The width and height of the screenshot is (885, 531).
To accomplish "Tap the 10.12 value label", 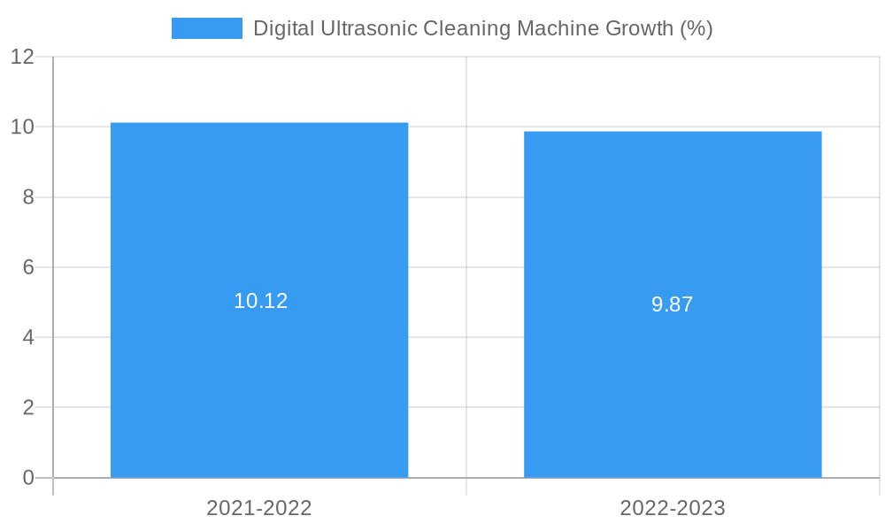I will (x=260, y=301).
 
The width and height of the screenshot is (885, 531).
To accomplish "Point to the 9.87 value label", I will (x=673, y=304).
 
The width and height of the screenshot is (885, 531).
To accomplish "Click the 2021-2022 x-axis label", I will (x=259, y=508).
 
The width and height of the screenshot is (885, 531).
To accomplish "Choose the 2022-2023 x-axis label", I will (x=673, y=508).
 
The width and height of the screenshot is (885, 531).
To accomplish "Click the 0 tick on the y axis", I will (x=28, y=478).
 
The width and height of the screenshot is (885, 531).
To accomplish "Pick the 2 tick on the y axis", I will (x=28, y=408).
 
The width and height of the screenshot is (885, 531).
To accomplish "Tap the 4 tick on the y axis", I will (x=28, y=337).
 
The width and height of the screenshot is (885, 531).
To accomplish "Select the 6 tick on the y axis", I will (x=28, y=267).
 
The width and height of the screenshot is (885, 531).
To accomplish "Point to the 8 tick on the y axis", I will (x=28, y=197).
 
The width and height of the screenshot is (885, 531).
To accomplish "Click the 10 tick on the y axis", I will (x=23, y=127).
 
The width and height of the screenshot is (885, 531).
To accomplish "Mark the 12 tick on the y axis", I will (x=23, y=57).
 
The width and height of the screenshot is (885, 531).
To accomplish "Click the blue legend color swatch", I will (x=207, y=28).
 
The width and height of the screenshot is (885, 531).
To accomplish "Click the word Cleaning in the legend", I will (x=466, y=28).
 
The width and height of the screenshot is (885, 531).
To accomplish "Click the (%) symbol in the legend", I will (x=696, y=28).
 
